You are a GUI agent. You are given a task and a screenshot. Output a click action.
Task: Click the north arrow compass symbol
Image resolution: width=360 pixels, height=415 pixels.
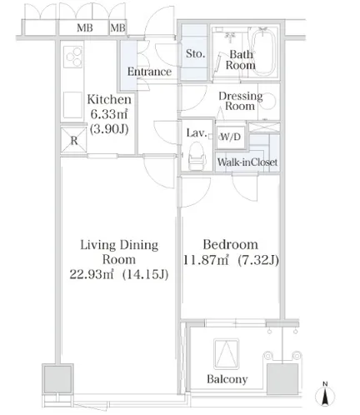(325, 394)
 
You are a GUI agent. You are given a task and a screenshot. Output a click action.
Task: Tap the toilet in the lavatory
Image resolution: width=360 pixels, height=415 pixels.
(197, 157)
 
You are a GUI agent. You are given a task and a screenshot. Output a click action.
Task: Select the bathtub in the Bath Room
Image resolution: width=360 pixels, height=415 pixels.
(263, 52)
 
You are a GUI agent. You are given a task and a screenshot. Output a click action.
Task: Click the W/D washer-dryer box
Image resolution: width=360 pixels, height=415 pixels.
(231, 137)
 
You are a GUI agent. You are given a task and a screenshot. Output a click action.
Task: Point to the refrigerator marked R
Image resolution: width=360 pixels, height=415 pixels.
(73, 140)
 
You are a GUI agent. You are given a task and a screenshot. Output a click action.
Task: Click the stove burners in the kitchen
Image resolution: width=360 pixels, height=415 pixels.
(73, 57)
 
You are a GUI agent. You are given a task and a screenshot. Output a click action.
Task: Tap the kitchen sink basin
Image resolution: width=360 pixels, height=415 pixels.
(72, 105)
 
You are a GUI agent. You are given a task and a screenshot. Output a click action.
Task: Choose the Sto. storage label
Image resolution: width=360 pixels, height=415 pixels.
(195, 53)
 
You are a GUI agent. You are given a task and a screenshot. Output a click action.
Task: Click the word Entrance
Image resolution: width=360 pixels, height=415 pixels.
(149, 72)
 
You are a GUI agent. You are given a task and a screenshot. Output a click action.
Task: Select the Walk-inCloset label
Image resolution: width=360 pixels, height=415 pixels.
(247, 162)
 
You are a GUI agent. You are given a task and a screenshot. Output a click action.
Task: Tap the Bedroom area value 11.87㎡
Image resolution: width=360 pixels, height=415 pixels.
(206, 260)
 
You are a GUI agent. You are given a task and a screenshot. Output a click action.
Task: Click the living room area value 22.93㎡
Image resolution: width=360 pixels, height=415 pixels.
(92, 274)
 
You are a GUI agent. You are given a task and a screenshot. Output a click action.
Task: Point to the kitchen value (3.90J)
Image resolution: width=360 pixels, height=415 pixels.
(109, 129)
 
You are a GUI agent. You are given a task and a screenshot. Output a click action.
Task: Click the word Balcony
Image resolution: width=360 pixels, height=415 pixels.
(227, 379)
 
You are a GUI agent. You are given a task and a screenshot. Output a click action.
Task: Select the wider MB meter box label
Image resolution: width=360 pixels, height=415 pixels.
(85, 27)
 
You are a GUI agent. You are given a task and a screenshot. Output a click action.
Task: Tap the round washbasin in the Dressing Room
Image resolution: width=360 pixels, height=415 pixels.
(269, 101)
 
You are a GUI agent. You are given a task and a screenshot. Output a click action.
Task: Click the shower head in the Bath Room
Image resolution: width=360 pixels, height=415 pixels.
(230, 36)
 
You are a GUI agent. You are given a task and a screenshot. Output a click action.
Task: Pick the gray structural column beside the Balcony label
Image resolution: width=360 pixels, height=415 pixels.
(282, 379)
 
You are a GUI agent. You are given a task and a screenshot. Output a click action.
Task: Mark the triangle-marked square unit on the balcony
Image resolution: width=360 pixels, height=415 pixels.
(227, 354)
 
